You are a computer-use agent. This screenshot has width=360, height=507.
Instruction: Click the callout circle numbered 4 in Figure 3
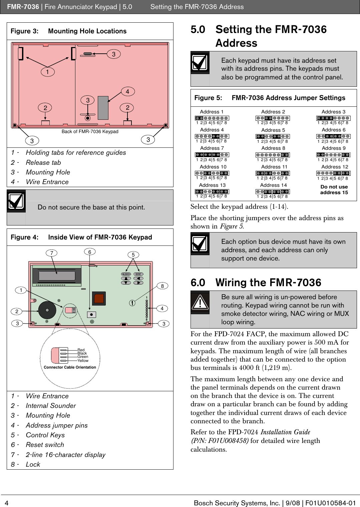[127, 91]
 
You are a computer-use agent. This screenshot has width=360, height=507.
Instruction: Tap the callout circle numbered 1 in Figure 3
[48, 72]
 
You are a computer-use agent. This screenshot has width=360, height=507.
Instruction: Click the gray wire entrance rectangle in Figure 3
[103, 108]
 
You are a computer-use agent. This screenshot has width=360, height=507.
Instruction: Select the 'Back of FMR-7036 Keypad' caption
[90, 131]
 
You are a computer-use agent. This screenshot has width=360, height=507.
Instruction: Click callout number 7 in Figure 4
[52, 253]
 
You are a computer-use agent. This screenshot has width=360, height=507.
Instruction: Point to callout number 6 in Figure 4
[89, 252]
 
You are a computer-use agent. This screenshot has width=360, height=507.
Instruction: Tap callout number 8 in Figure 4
[162, 286]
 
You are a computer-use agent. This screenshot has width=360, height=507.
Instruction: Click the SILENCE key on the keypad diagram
[126, 274]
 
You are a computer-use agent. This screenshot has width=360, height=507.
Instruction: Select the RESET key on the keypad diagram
[138, 274]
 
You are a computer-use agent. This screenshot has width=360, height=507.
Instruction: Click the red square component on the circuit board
[99, 298]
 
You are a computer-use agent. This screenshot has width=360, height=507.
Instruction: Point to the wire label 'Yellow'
[83, 361]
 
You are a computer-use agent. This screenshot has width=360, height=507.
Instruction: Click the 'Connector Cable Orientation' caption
[70, 367]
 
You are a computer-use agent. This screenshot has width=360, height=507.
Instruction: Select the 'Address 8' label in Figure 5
[273, 148]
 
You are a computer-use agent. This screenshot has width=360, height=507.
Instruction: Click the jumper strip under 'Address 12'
[333, 173]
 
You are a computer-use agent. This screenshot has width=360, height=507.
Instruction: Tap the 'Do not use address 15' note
[334, 189]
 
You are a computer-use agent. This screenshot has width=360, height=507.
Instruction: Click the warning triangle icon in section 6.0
[200, 302]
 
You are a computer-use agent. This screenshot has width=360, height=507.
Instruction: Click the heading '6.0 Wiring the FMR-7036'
[256, 283]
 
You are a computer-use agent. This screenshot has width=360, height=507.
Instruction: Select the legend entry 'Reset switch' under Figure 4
[45, 445]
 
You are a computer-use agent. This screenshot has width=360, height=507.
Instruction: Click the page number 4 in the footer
[6, 503]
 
